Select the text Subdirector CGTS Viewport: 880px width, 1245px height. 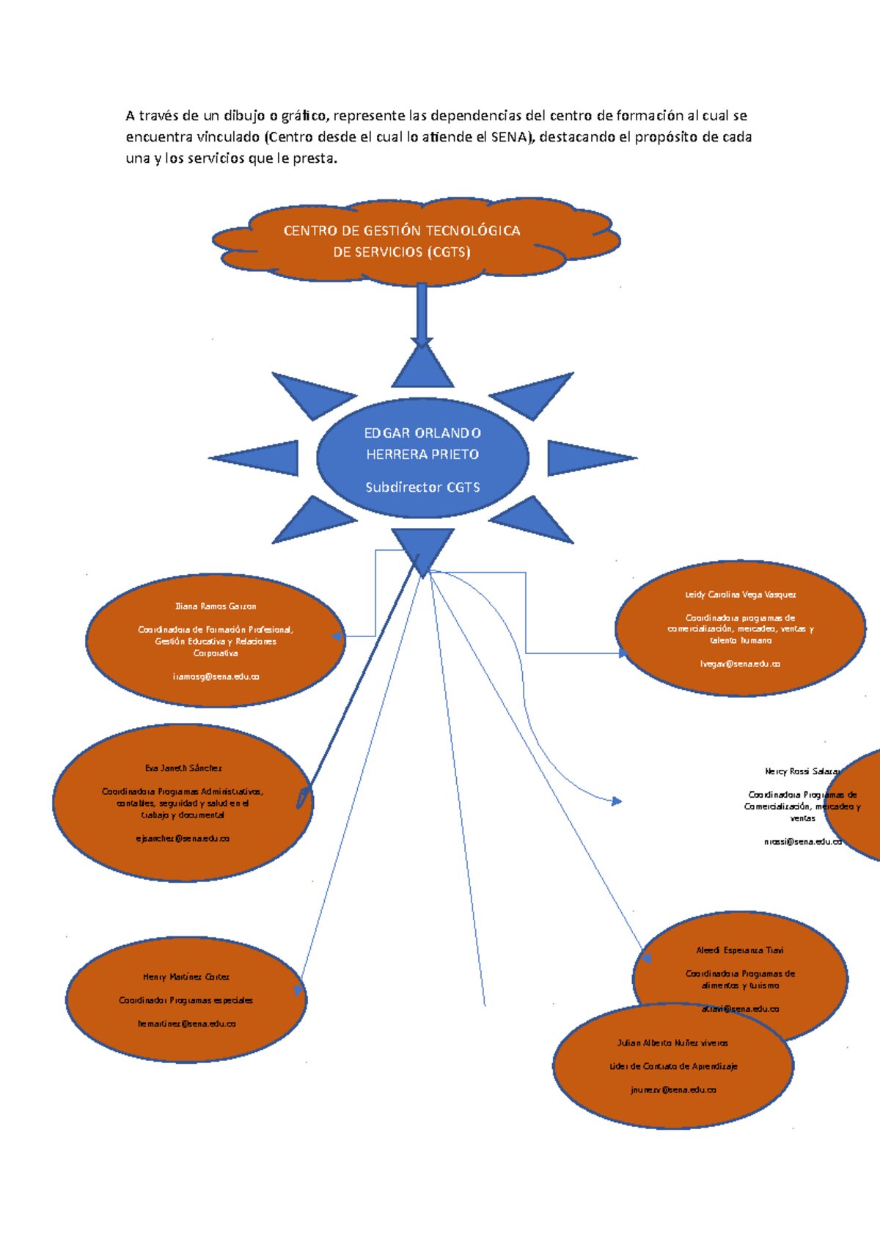pos(422,487)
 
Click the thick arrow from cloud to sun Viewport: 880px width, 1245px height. pos(421,313)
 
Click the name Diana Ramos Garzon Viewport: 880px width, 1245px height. pos(216,606)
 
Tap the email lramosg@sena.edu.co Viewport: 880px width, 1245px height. pos(216,677)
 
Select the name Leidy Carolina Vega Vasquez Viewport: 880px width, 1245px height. pos(741,595)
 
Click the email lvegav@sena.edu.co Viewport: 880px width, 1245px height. pos(740,664)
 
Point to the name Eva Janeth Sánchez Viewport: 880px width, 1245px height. pos(183,768)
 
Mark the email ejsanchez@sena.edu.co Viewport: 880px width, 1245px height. pos(183,838)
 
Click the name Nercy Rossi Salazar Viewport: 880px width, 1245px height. pos(802,771)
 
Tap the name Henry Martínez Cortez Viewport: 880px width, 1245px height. pos(186,977)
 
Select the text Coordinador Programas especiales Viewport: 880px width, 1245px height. pos(186,1000)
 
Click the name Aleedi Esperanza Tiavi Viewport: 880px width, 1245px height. pos(740,950)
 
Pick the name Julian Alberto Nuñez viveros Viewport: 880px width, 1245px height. pos(673,1043)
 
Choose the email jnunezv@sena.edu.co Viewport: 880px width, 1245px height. pos(673,1090)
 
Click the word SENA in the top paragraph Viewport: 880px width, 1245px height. pos(507,136)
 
